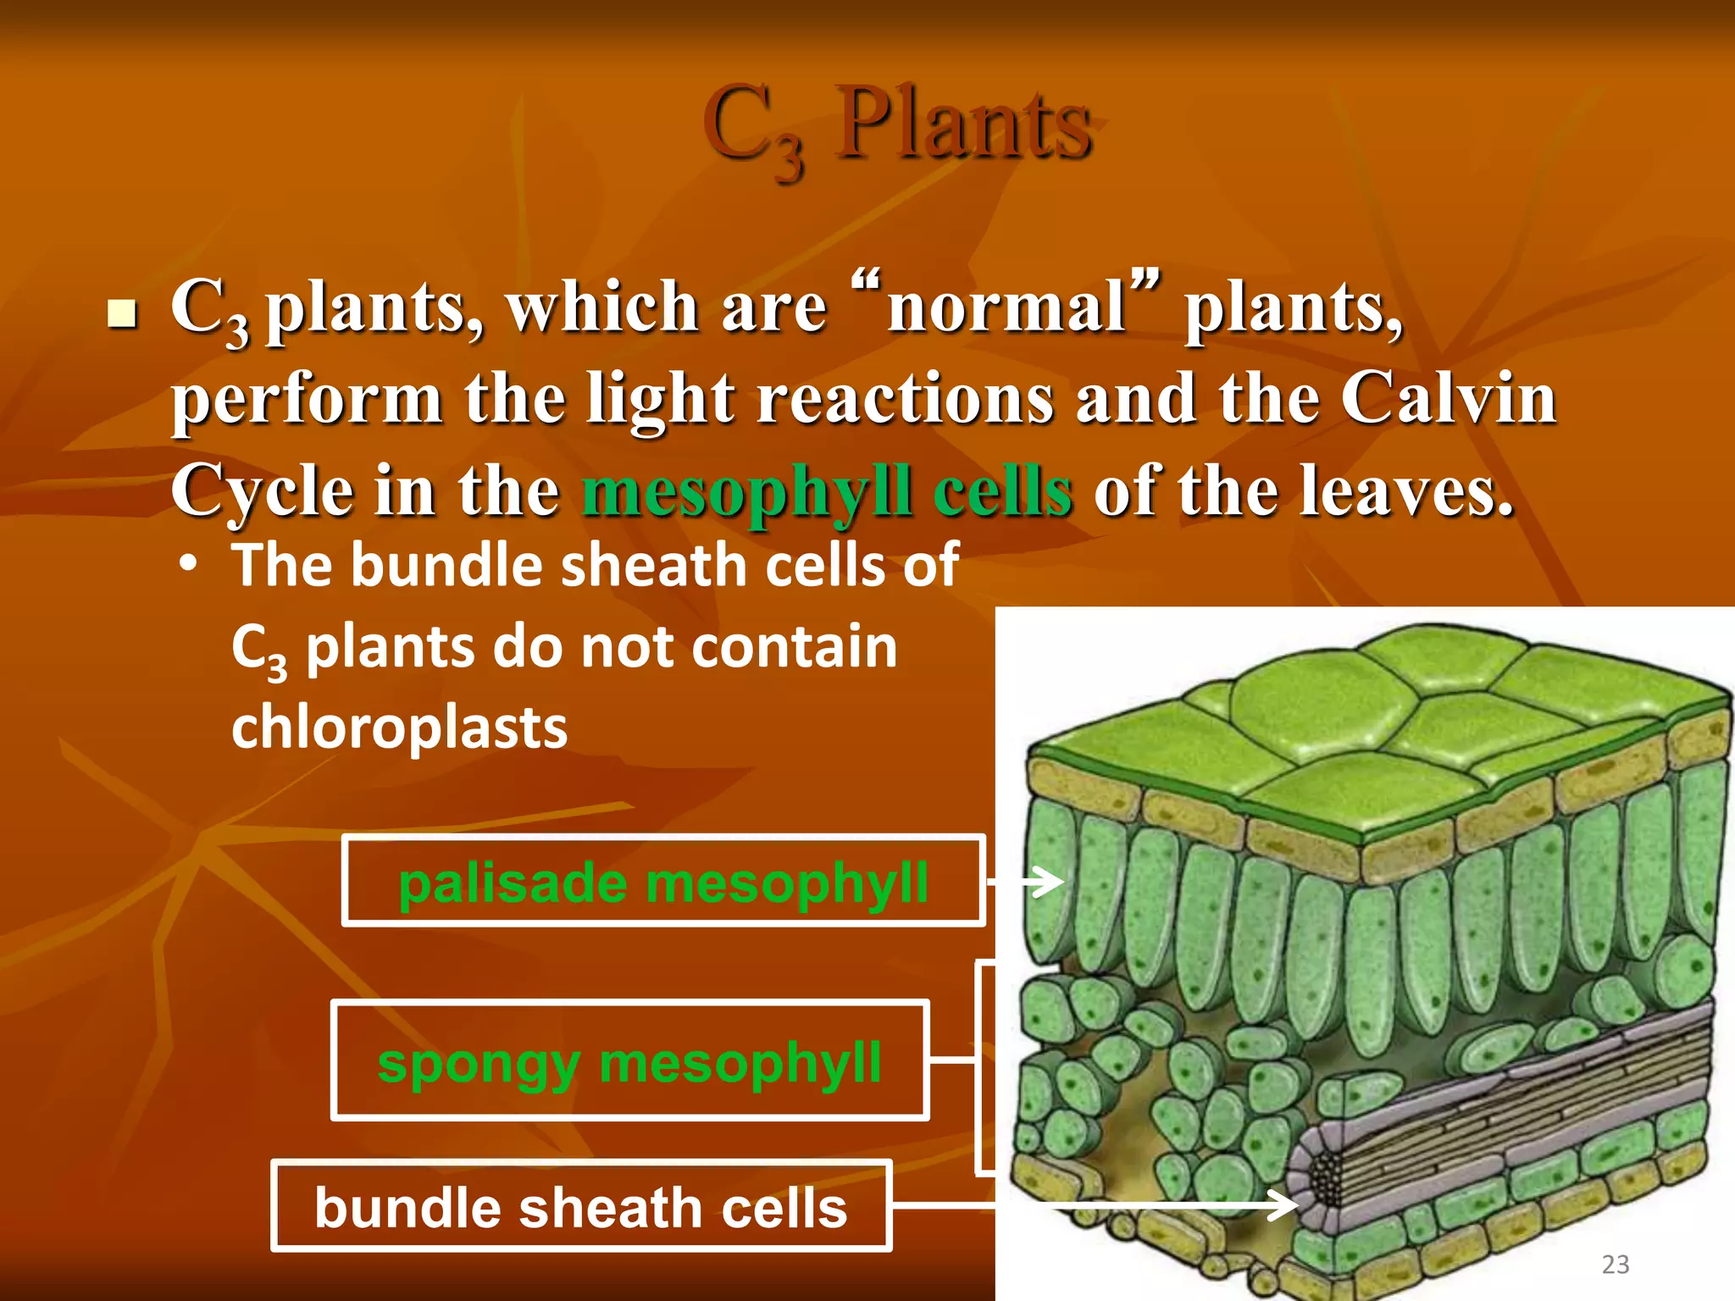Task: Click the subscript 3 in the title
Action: [790, 160]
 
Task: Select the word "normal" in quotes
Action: [1006, 307]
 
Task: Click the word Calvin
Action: [1448, 398]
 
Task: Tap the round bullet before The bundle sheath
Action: [188, 566]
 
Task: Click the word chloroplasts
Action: [399, 728]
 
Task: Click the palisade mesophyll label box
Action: [663, 881]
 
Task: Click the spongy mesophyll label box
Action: [629, 1061]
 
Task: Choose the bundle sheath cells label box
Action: [581, 1206]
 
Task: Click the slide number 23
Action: [1615, 1265]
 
